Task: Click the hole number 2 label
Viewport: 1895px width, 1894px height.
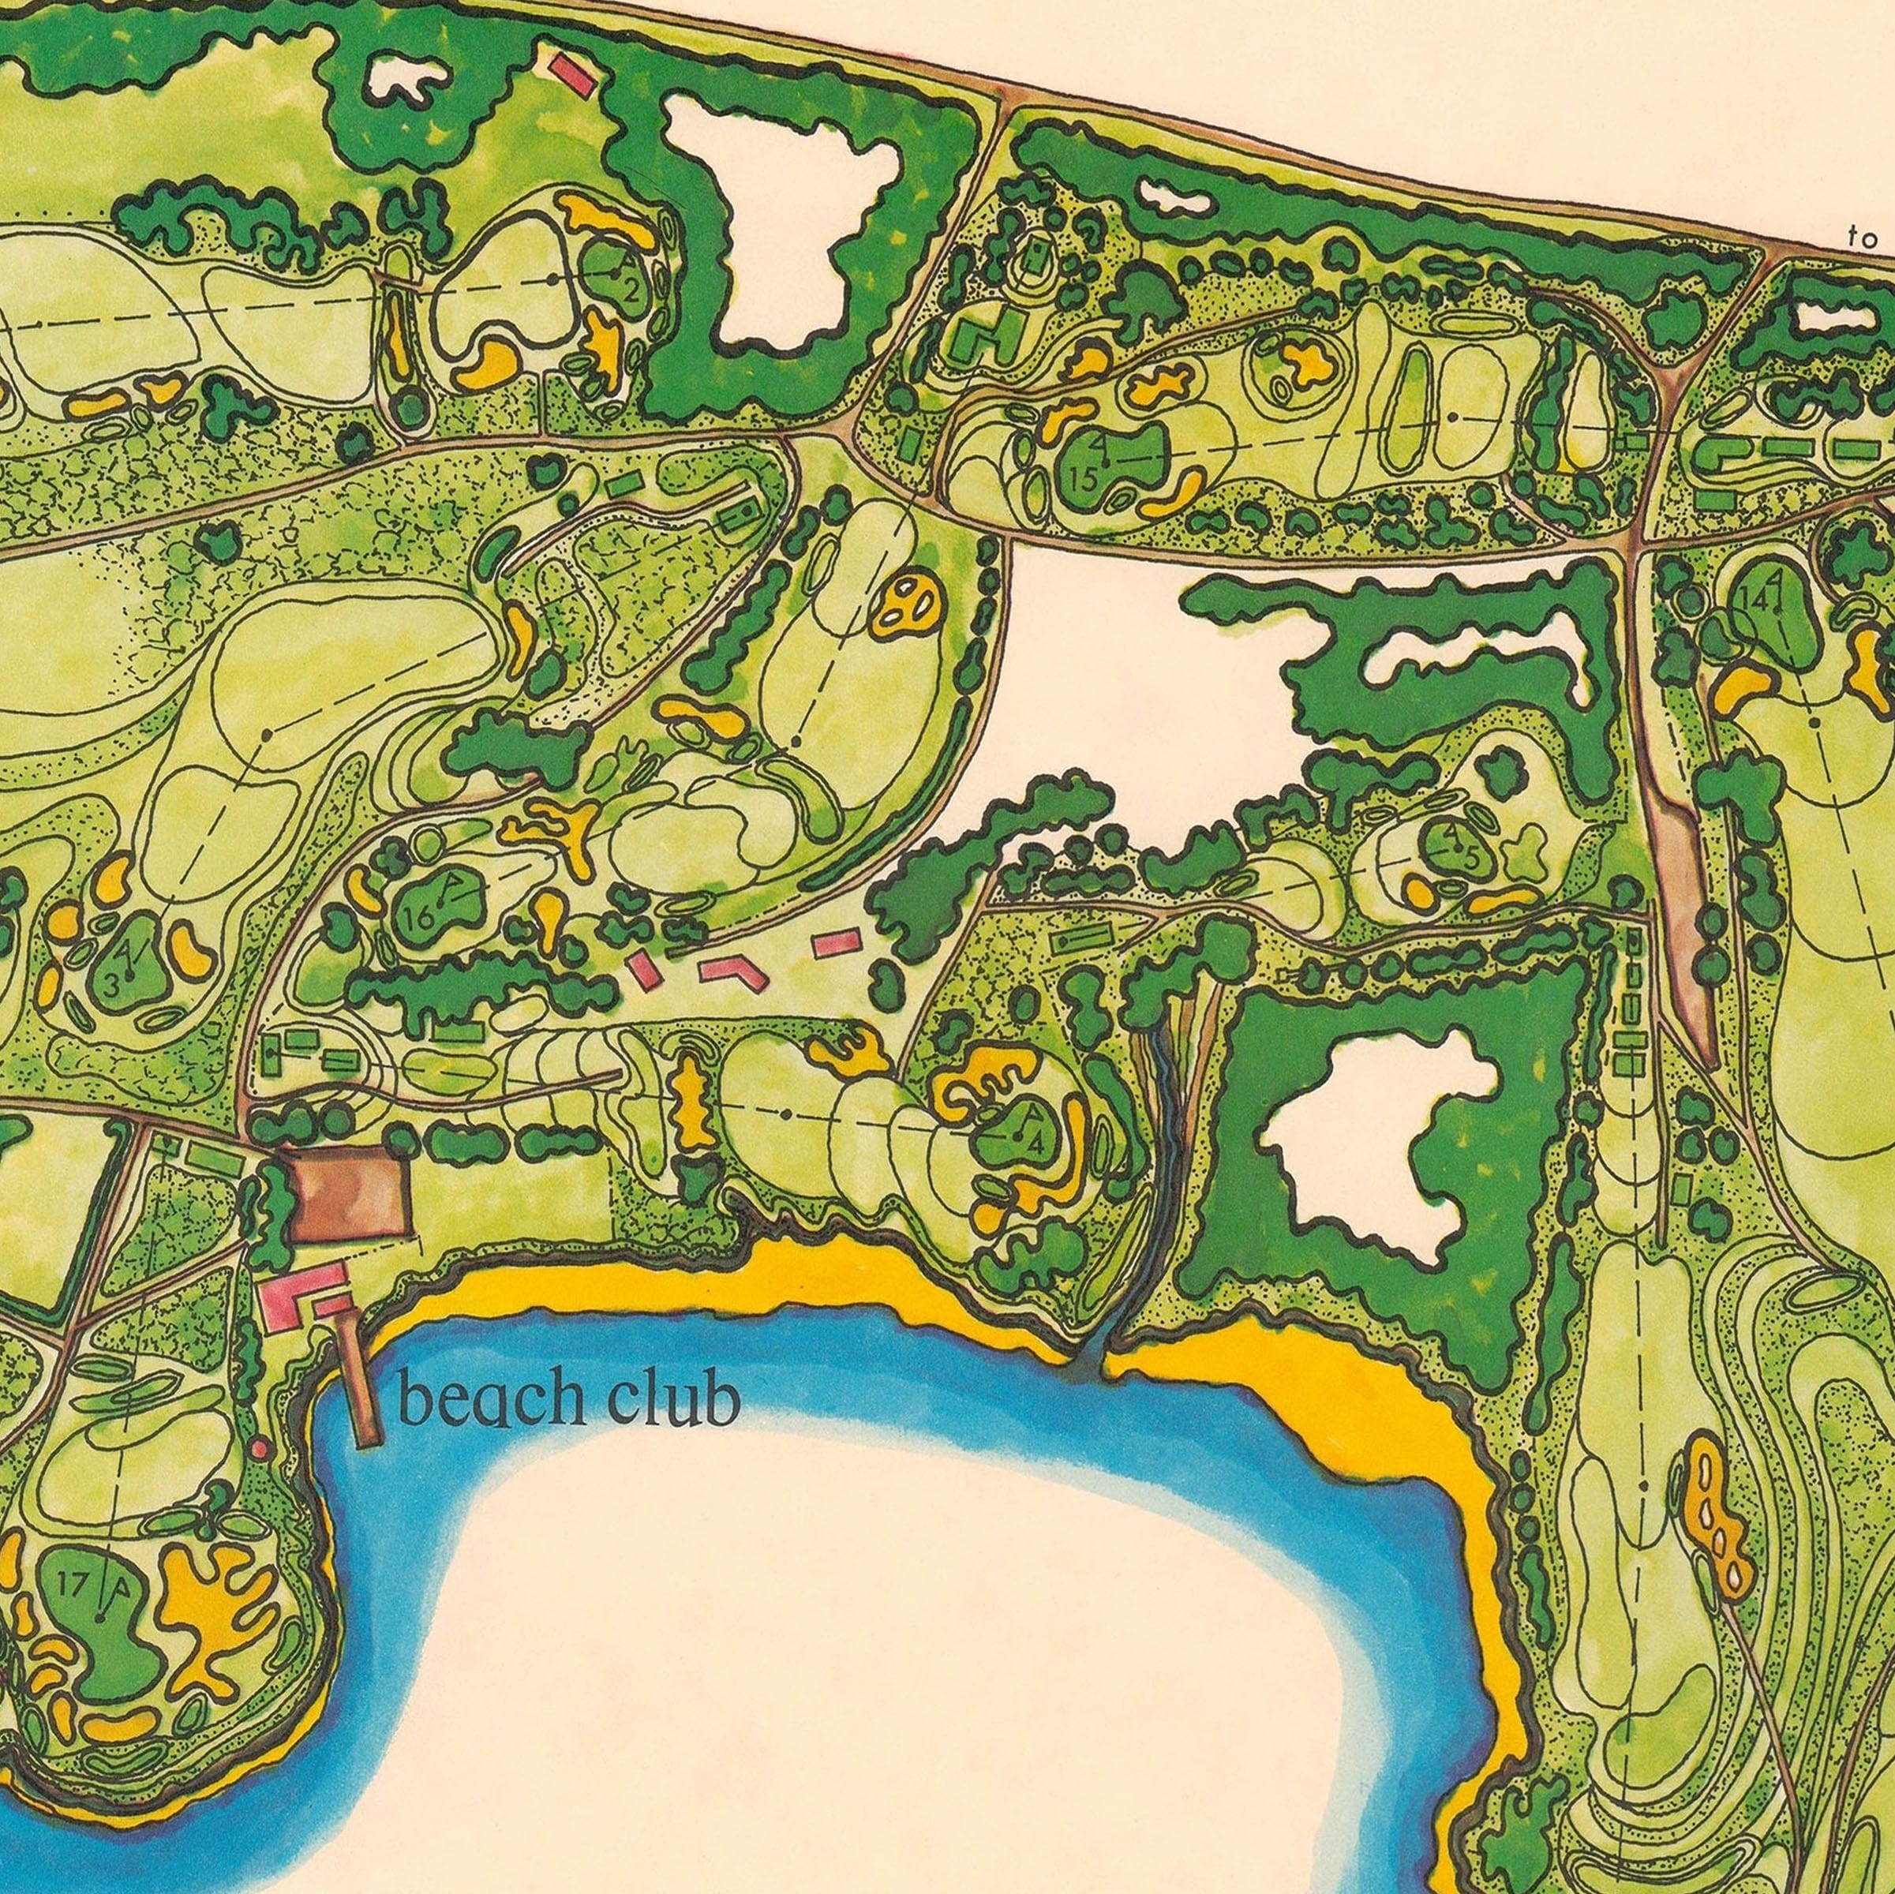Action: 631,290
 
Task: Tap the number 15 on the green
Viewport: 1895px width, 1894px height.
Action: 1083,480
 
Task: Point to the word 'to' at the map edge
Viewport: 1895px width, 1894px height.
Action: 1862,238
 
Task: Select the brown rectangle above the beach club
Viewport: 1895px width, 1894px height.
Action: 350,1194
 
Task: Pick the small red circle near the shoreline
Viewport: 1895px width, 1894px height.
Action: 259,1447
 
